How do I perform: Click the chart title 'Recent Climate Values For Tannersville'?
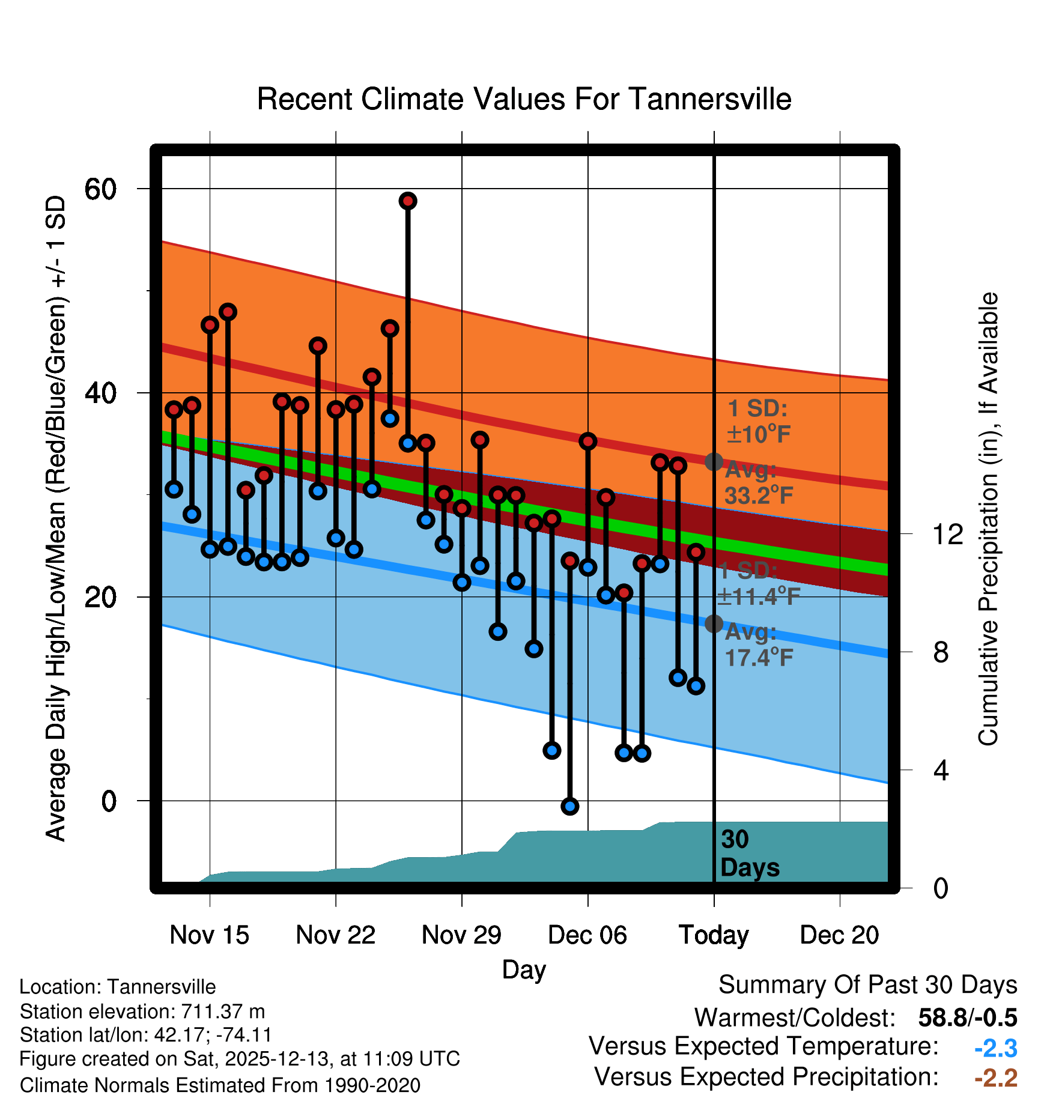(x=524, y=99)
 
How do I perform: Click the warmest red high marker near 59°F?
(x=408, y=201)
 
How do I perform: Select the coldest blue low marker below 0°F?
(x=569, y=806)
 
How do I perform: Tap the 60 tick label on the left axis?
(x=100, y=189)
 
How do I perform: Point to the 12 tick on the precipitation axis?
(x=947, y=534)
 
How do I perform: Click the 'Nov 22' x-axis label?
(x=335, y=935)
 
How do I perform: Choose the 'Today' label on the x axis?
(x=714, y=935)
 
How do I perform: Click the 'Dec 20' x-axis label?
(x=839, y=935)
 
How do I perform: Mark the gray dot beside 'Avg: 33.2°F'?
(x=714, y=462)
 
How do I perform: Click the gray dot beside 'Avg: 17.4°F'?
(x=714, y=623)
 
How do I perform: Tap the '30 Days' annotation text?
(x=749, y=854)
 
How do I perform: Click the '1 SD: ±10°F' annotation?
(x=758, y=421)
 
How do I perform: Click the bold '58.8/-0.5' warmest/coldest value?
(x=967, y=1018)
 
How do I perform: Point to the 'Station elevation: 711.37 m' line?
(x=142, y=1012)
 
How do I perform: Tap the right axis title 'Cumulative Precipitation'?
(x=988, y=520)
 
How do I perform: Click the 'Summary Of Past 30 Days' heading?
(x=867, y=985)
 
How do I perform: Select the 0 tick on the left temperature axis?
(x=109, y=801)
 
